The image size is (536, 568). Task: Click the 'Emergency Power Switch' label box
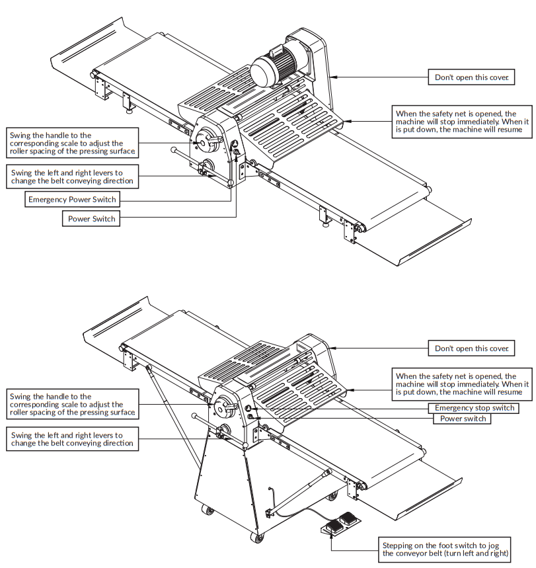(x=72, y=199)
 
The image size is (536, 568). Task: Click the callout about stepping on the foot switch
(x=447, y=548)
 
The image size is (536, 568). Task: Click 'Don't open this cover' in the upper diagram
(x=471, y=77)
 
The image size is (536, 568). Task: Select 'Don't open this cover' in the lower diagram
(x=471, y=348)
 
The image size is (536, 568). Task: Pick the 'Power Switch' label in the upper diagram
(x=91, y=219)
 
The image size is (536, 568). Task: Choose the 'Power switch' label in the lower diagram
(x=462, y=419)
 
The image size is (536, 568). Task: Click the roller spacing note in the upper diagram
(x=72, y=143)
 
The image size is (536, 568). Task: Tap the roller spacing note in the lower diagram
(x=72, y=404)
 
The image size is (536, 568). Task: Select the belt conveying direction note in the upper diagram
(x=72, y=177)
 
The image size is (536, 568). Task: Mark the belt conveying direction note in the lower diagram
(x=72, y=440)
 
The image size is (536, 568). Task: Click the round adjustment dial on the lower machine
(x=225, y=402)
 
